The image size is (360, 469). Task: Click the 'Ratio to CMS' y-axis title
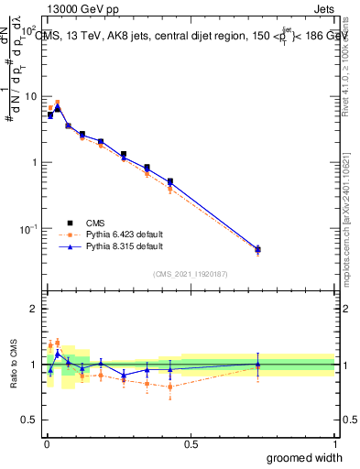[12, 366]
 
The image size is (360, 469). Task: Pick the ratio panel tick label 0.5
[31, 420]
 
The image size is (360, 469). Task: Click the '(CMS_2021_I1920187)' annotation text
[191, 274]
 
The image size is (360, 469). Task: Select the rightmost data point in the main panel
[257, 249]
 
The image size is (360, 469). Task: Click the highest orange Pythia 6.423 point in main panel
[58, 104]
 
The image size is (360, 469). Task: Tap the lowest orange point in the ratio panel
[170, 387]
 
